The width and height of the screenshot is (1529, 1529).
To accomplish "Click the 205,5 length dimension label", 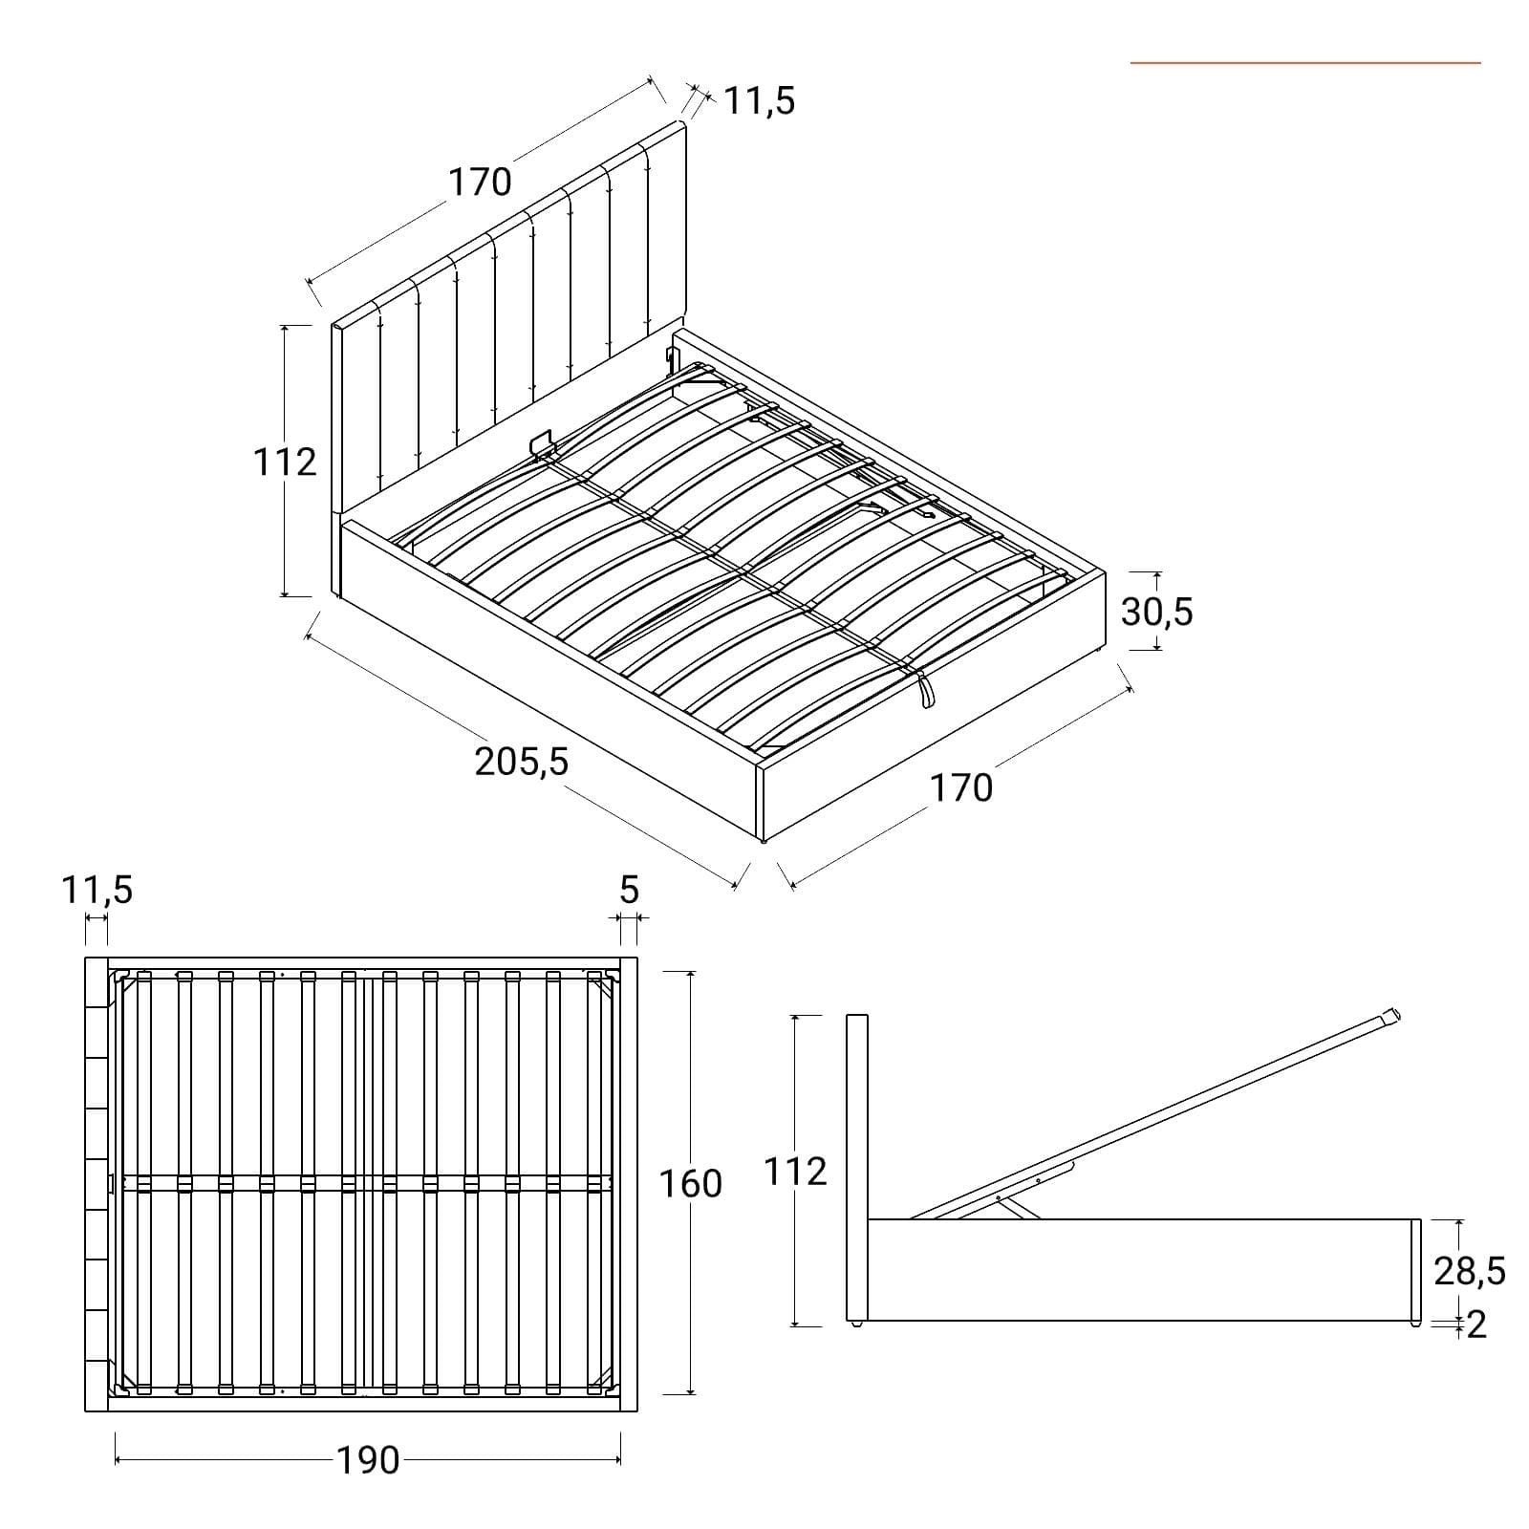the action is coord(522,762).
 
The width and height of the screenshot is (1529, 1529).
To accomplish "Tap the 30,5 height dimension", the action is coord(1157,612).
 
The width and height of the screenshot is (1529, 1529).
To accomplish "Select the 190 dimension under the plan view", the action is coord(368,1460).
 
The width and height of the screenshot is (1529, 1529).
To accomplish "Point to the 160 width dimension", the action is coord(691,1184).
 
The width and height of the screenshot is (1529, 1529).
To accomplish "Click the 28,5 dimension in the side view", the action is coord(1470,1270).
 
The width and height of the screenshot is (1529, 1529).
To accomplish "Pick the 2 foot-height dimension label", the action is coord(1476,1324).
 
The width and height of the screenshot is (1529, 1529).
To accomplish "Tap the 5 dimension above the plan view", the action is coord(628,890).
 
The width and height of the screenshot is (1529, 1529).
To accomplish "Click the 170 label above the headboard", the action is coord(481,182).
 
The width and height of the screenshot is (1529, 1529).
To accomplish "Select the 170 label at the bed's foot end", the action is coord(961,787).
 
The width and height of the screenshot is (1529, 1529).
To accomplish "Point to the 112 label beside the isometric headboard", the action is coord(285,462).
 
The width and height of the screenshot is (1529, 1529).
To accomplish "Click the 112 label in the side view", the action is coord(795,1171).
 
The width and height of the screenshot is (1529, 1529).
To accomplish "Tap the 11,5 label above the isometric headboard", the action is coord(760,100).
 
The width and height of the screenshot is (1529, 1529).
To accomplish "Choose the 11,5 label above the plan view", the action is coord(97,890).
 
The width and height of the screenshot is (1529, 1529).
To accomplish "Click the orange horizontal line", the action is coord(1305,63).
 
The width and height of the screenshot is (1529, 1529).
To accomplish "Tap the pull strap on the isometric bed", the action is coord(924,690).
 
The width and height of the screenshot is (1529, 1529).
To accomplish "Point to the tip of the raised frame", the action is coord(1397,1014).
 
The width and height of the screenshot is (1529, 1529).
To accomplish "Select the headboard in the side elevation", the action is coord(857,1169).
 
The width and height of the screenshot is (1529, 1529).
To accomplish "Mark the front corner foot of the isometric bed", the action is coord(762,842).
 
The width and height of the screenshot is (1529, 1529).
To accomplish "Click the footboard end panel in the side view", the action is coord(1416,1271).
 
